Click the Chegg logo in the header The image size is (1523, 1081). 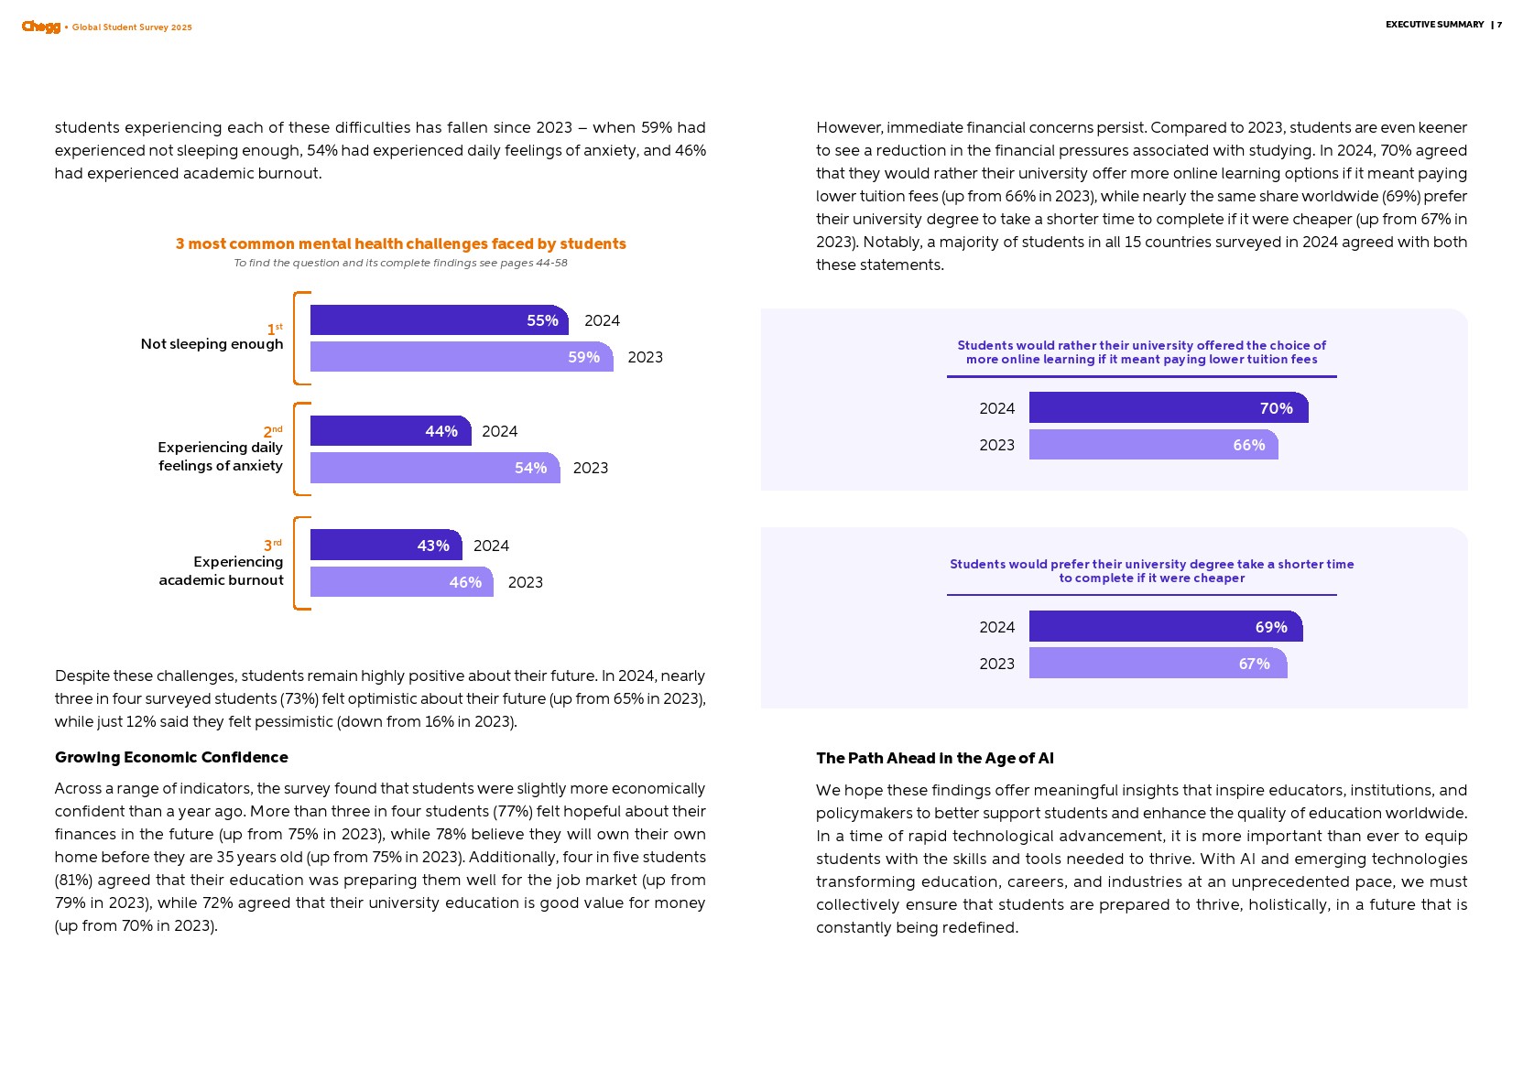point(41,27)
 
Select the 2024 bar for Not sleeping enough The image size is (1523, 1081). point(439,320)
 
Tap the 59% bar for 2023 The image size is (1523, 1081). point(461,357)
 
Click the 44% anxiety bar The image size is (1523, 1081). point(390,431)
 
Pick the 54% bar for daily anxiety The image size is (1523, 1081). point(434,468)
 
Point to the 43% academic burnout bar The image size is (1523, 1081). point(386,546)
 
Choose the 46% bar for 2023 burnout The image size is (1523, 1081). point(401,582)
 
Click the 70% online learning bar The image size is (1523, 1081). point(1168,408)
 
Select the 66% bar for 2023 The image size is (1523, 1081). point(1153,445)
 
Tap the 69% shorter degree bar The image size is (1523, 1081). point(1165,627)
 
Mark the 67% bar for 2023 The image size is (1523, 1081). point(1158,664)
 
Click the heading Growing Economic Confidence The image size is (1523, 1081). point(171,757)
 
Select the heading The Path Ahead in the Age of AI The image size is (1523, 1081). point(934,758)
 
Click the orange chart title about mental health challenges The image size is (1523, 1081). point(401,243)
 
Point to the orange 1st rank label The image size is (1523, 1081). point(274,329)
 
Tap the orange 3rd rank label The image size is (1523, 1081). point(272,546)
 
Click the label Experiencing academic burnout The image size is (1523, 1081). point(222,570)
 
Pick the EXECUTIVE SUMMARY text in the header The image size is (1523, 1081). point(1434,25)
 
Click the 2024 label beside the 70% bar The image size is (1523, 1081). point(996,408)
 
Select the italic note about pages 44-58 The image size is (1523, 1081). point(400,263)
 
